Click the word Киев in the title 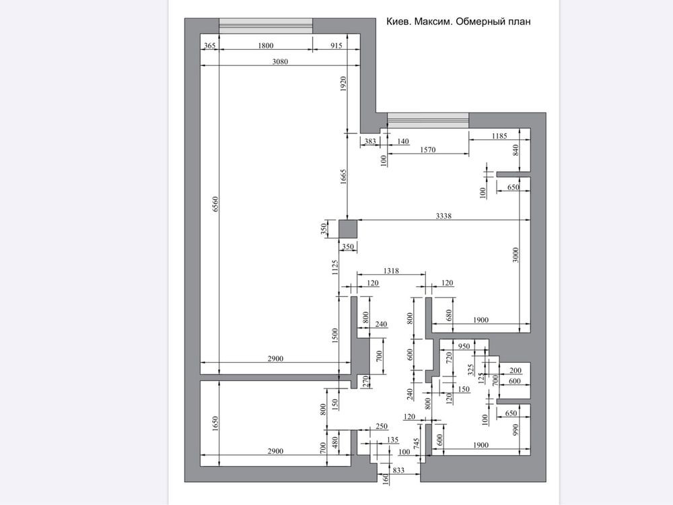tap(398, 22)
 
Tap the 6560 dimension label tap(215, 204)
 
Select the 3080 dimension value tap(280, 61)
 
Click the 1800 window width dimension tap(266, 46)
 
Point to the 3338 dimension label tap(444, 216)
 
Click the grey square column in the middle tap(348, 229)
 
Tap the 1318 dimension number tap(391, 271)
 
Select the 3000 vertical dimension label tap(516, 255)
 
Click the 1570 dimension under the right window tap(427, 149)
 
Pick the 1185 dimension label tap(499, 136)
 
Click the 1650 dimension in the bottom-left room tap(215, 424)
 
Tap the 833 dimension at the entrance tap(398, 470)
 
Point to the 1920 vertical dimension tap(343, 84)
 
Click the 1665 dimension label tap(343, 177)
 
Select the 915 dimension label tap(336, 46)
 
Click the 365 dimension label tap(209, 46)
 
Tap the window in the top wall tap(266, 26)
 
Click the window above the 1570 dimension tap(428, 121)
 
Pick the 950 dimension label tap(464, 346)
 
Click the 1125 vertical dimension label tap(334, 267)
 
